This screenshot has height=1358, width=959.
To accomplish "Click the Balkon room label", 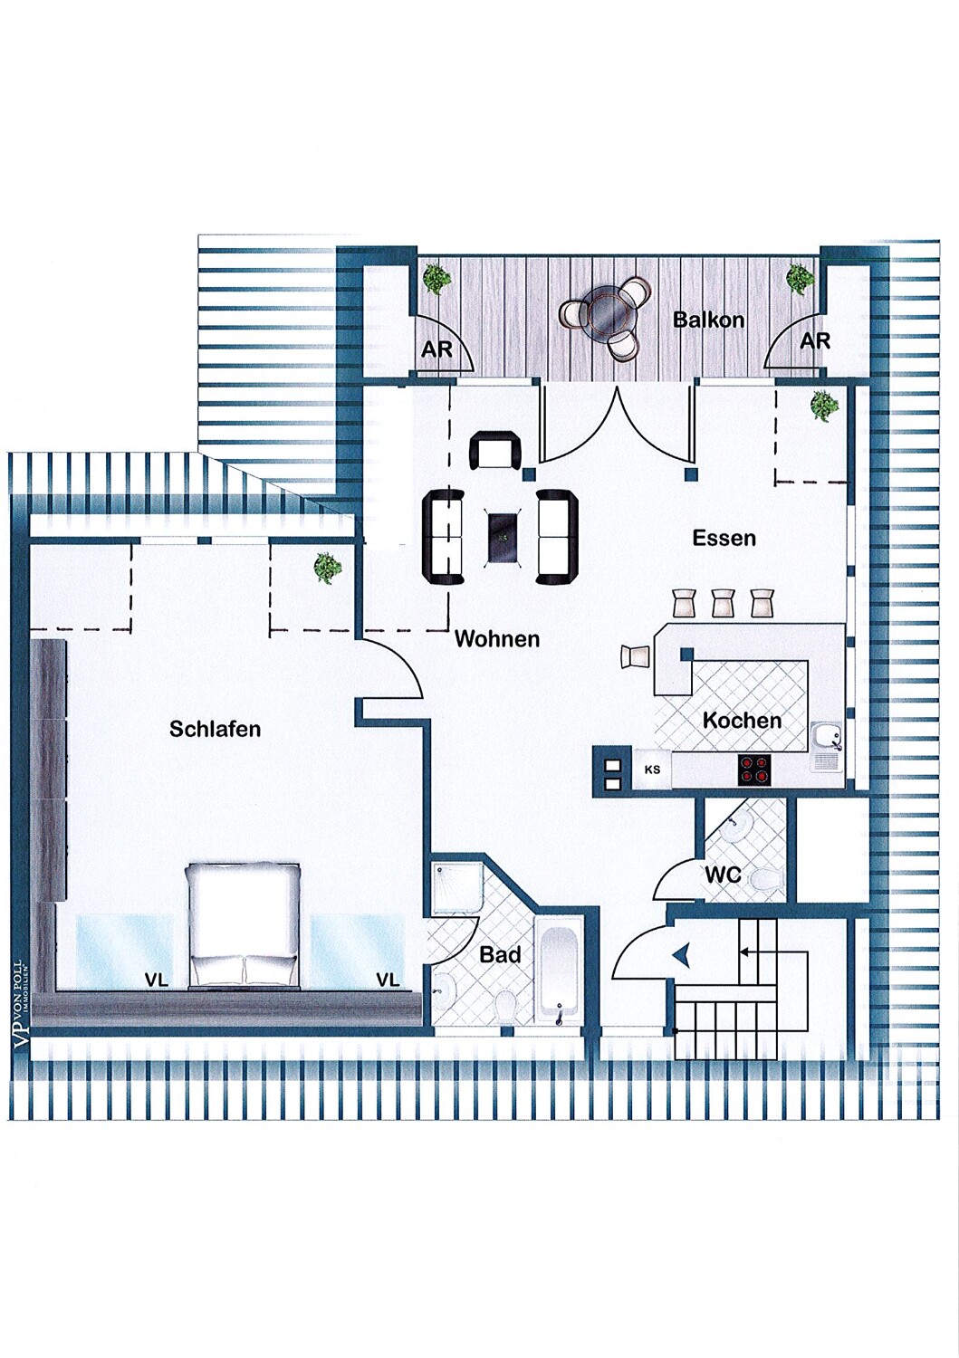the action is (708, 320).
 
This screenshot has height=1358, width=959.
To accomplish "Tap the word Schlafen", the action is (215, 728).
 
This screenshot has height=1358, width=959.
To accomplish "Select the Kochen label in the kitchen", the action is (742, 721).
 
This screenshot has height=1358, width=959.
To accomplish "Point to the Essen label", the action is (724, 538).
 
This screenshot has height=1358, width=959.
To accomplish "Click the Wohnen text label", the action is (497, 638).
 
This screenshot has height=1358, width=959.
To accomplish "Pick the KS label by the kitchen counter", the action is (652, 770).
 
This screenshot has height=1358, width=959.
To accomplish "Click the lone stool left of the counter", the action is (635, 656).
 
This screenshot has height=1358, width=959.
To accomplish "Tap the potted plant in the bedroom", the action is (328, 568).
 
